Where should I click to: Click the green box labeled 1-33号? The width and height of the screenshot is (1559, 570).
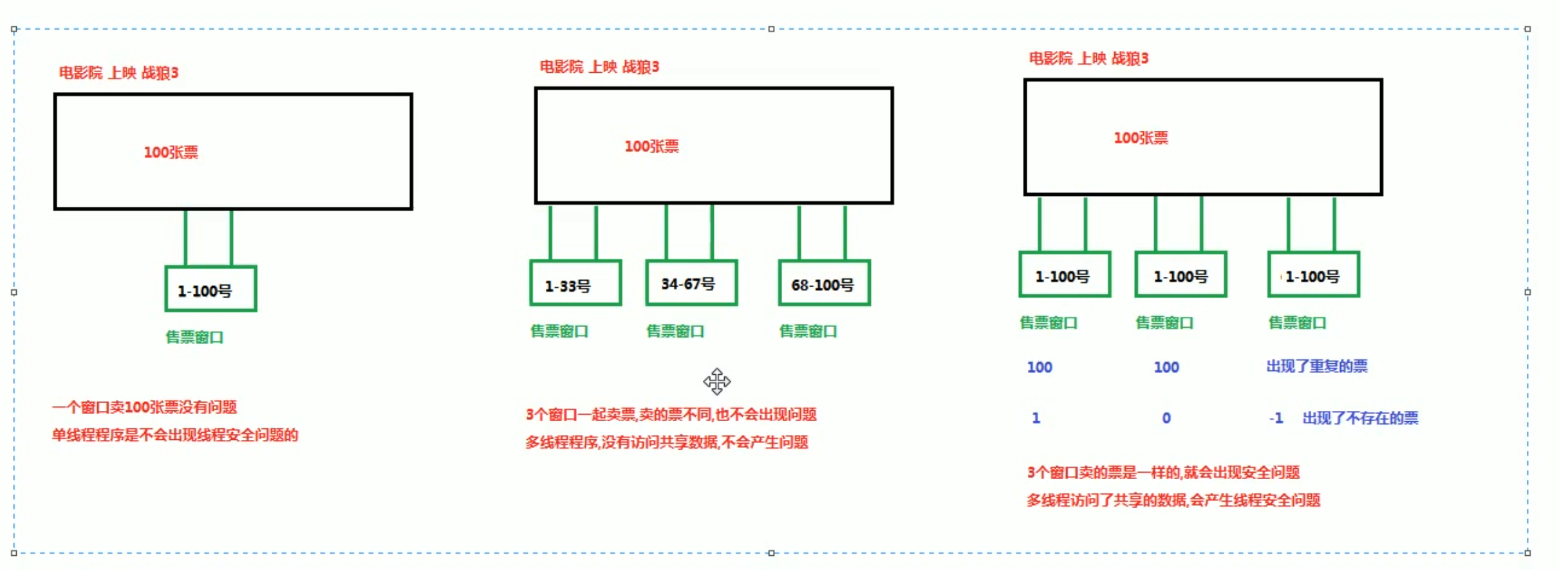(x=575, y=283)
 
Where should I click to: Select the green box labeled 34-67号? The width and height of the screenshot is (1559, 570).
(x=691, y=283)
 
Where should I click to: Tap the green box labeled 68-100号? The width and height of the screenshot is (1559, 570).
(x=824, y=283)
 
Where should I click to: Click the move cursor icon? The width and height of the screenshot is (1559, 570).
(x=716, y=381)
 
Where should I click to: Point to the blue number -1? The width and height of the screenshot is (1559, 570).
(x=1276, y=419)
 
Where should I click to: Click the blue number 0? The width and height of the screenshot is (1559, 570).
(x=1166, y=419)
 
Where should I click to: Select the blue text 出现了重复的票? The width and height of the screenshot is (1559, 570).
(x=1316, y=366)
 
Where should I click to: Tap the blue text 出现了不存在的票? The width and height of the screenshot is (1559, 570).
(x=1360, y=419)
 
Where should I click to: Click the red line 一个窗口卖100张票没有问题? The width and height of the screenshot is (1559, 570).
(x=144, y=407)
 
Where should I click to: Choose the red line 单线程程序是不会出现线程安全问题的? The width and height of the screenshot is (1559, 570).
(x=175, y=435)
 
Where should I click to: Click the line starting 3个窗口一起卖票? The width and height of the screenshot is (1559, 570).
(x=671, y=414)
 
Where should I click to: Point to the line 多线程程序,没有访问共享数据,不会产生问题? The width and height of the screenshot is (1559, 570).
(x=666, y=442)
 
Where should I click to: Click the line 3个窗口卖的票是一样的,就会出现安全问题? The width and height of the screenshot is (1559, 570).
(x=1163, y=473)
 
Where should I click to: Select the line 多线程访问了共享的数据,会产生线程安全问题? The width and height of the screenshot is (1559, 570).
(x=1173, y=500)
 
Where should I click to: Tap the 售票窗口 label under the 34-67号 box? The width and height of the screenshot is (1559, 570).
(x=675, y=331)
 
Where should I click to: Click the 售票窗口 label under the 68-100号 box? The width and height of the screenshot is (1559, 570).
(x=808, y=331)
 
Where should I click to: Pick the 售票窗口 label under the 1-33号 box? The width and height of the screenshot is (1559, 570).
(x=559, y=331)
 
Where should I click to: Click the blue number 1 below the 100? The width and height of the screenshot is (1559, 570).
(x=1036, y=419)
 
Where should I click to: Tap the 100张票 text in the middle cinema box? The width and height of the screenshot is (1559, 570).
(x=651, y=147)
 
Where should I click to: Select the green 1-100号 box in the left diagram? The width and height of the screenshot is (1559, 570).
(x=210, y=289)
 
